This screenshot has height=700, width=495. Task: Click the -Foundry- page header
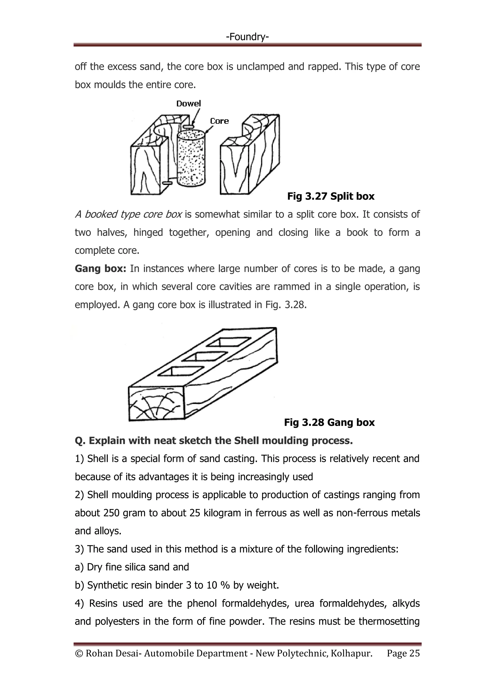[x=247, y=37]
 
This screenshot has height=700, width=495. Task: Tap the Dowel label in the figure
[x=189, y=104]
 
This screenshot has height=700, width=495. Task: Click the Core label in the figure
[x=219, y=121]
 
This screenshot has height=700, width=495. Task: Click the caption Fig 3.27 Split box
[x=331, y=196]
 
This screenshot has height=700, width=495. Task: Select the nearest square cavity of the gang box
[x=182, y=371]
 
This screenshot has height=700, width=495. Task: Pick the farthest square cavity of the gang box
[x=229, y=342]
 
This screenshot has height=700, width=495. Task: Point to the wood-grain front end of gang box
[x=156, y=404]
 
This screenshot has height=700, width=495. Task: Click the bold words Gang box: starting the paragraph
[x=100, y=269]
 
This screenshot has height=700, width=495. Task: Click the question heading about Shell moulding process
[x=214, y=441]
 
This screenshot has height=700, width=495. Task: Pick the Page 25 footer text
[x=403, y=653]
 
